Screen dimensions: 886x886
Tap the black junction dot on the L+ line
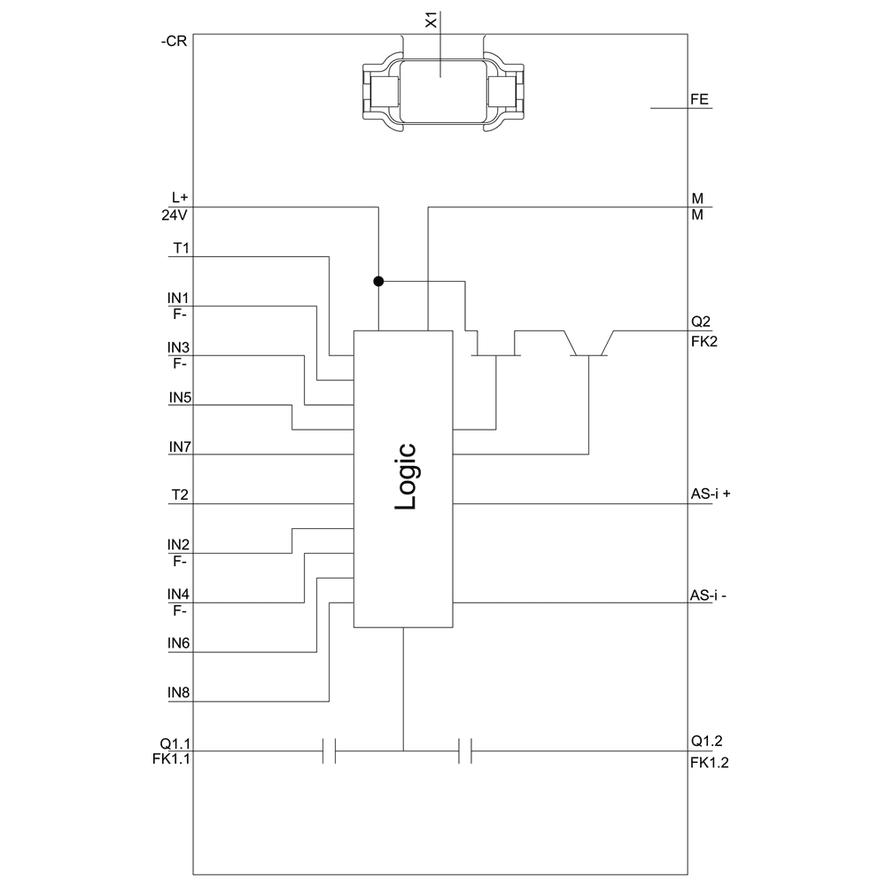tap(378, 282)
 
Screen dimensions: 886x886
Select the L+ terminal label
tap(181, 198)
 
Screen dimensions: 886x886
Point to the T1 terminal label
tap(181, 248)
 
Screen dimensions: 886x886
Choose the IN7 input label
tap(181, 447)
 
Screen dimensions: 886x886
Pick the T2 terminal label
tap(181, 495)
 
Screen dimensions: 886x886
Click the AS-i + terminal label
tap(711, 495)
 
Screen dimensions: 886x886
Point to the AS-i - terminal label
tap(709, 595)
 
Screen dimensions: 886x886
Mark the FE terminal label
tap(700, 100)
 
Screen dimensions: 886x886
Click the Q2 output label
tap(700, 322)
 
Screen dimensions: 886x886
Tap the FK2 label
tap(703, 339)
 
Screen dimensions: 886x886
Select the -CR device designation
tap(174, 41)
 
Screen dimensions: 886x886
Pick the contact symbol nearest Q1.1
tap(329, 751)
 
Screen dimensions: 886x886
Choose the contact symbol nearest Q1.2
tap(465, 751)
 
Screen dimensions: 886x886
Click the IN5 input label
tap(181, 397)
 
